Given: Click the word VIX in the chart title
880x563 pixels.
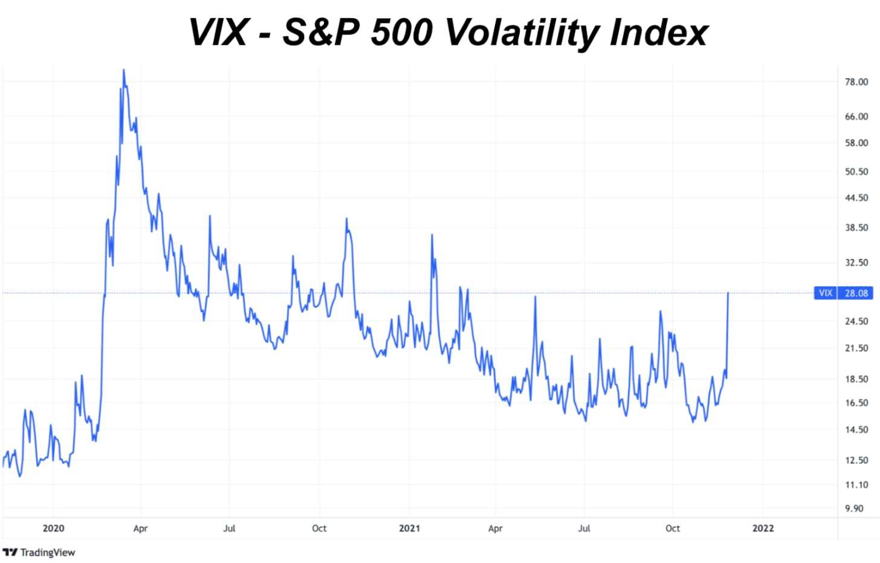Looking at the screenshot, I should click(x=218, y=32).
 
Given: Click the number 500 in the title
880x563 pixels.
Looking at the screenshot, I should click(x=401, y=32).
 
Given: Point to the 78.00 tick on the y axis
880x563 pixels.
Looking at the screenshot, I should click(x=856, y=82).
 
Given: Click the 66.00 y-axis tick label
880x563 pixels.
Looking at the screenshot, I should click(x=856, y=116).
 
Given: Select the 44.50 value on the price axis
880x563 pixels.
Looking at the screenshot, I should click(x=856, y=198).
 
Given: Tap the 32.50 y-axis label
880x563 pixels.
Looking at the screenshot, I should click(x=856, y=262).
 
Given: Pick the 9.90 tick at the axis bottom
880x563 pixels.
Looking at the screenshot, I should click(x=854, y=509).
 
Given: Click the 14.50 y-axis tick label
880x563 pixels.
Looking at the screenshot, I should click(x=856, y=430).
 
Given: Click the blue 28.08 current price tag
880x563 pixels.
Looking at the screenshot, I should click(x=856, y=293).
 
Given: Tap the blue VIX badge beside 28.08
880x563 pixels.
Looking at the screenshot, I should click(x=825, y=293).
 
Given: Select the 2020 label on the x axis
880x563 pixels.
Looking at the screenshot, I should click(x=53, y=528).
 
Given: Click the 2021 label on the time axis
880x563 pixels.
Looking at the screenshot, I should click(x=409, y=528).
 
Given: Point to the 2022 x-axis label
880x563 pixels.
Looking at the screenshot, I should click(x=763, y=528).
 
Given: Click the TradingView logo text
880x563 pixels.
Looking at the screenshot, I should click(x=47, y=552).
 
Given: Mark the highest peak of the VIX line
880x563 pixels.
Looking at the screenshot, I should click(x=123, y=70).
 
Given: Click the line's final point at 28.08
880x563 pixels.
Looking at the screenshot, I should click(x=728, y=293).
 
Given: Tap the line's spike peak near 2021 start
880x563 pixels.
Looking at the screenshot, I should click(x=432, y=235).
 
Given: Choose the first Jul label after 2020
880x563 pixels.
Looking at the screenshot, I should click(x=229, y=528).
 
